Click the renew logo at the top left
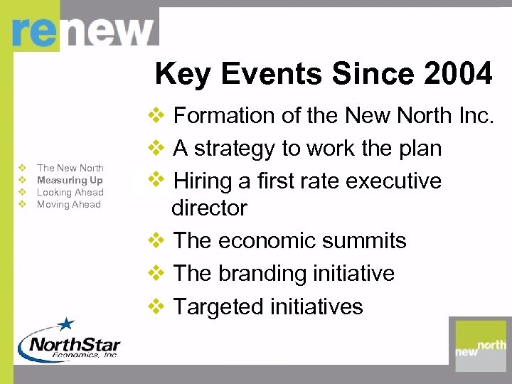[x=84, y=32]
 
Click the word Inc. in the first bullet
[x=474, y=115]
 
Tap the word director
[x=209, y=208]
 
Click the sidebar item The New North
[x=70, y=168]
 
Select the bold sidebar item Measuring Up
[x=70, y=180]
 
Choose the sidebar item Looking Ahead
[x=70, y=192]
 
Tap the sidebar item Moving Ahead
[x=69, y=204]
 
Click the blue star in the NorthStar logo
[x=66, y=325]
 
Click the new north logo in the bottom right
[x=481, y=342]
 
